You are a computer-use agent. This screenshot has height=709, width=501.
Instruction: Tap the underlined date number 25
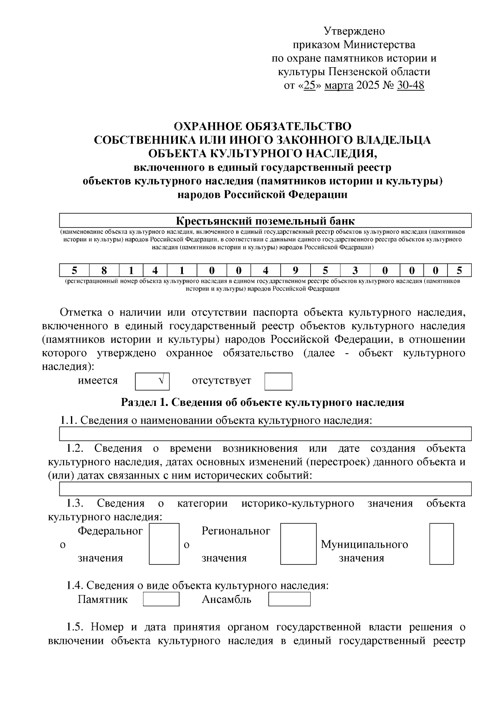pyautogui.click(x=309, y=86)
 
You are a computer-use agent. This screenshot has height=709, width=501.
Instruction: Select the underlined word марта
pyautogui.click(x=339, y=86)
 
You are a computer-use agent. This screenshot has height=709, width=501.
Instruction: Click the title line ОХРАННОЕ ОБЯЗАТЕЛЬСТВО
pyautogui.click(x=263, y=126)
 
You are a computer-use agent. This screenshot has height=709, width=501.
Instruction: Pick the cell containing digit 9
pyautogui.click(x=296, y=271)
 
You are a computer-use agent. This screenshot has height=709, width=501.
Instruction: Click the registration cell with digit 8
pyautogui.click(x=104, y=271)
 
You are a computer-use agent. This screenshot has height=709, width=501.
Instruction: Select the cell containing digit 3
pyautogui.click(x=355, y=271)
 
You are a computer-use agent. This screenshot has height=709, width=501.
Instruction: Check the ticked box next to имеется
pyautogui.click(x=152, y=381)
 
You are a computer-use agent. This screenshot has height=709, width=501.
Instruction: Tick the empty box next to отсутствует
pyautogui.click(x=278, y=381)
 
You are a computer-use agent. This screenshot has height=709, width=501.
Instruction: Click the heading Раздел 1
pyautogui.click(x=263, y=403)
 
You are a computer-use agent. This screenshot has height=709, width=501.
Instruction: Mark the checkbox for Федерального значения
pyautogui.click(x=164, y=544)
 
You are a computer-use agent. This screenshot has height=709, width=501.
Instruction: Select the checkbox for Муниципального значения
pyautogui.click(x=441, y=544)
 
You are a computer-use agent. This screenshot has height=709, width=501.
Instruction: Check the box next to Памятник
pyautogui.click(x=161, y=599)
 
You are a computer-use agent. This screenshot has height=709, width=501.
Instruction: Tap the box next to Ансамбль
pyautogui.click(x=289, y=599)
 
